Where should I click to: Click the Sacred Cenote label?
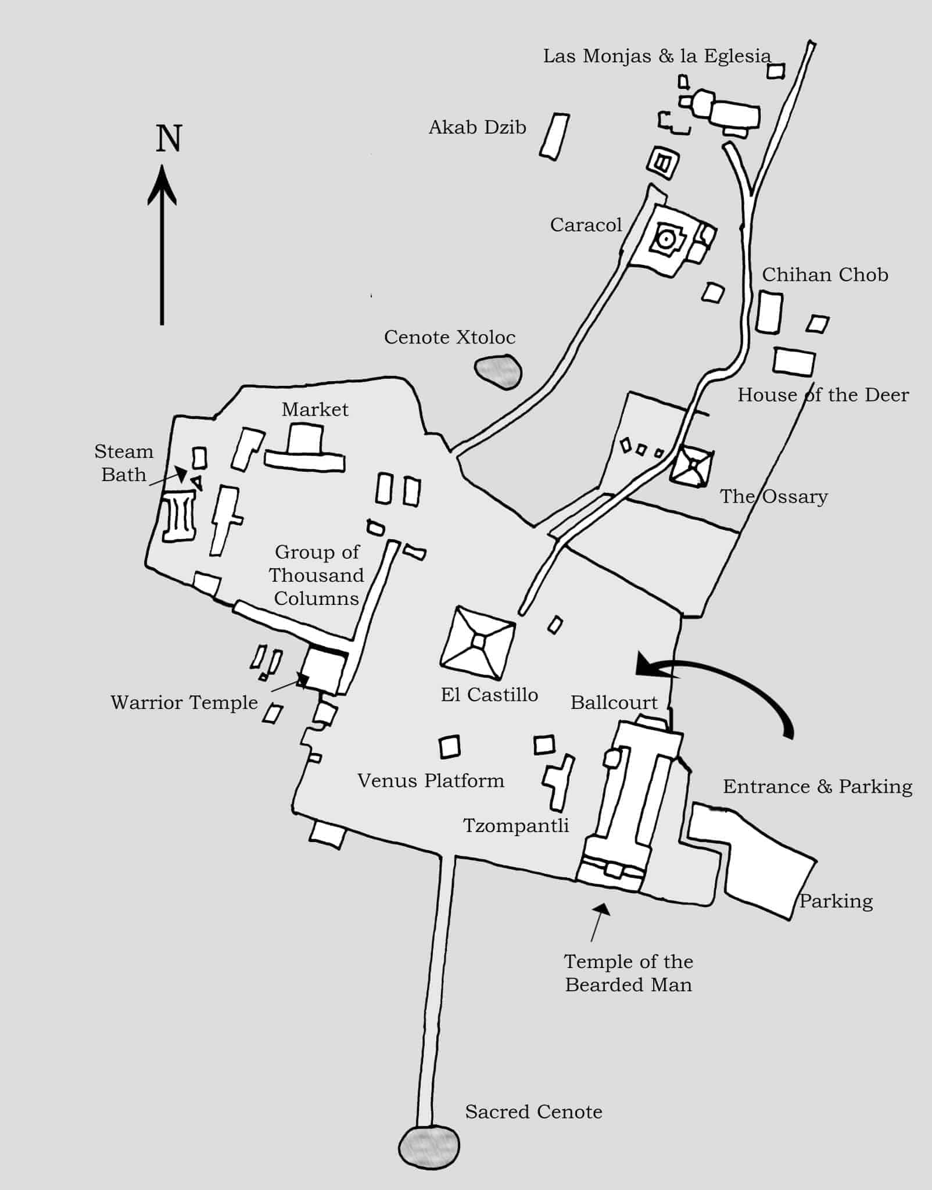click(533, 1112)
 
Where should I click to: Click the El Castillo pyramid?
click(478, 642)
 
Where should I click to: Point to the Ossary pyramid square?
click(692, 466)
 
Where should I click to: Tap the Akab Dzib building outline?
click(554, 137)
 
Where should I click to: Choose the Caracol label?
click(586, 225)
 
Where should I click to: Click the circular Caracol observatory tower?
click(664, 238)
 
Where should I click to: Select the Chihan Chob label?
click(825, 275)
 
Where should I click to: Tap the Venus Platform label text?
click(431, 781)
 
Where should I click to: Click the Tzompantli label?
click(516, 826)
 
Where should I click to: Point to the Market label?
click(315, 410)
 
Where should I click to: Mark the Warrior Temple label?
click(184, 702)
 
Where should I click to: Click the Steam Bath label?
click(124, 463)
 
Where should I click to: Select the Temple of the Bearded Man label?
click(629, 973)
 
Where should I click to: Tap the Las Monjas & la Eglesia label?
click(657, 56)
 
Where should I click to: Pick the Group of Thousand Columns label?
click(317, 575)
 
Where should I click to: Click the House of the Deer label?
click(823, 395)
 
